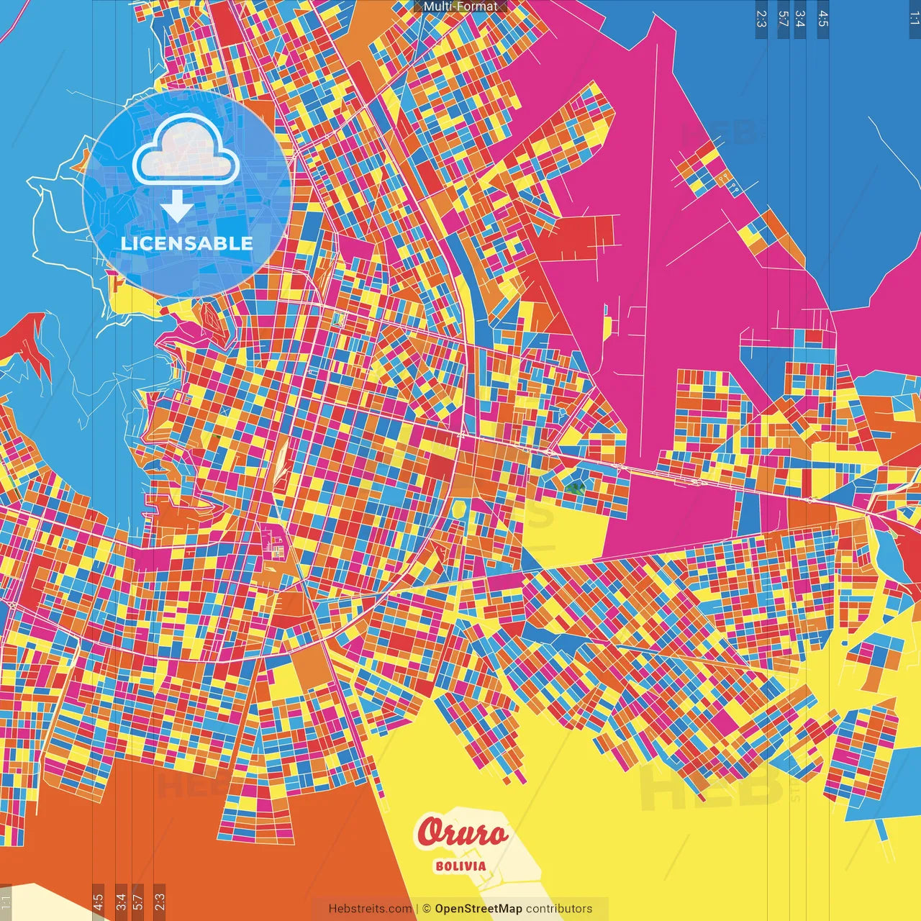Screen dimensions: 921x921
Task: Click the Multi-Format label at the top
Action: [x=460, y=6]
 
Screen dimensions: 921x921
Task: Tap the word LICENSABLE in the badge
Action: [x=186, y=243]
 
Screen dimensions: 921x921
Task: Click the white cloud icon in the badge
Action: [x=186, y=153]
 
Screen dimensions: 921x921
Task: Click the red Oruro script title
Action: [x=462, y=833]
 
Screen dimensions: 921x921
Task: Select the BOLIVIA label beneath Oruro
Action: [x=460, y=866]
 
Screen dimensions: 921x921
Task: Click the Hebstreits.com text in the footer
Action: [x=370, y=909]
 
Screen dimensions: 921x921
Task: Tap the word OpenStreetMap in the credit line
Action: [x=478, y=909]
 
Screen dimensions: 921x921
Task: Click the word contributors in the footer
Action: [x=559, y=909]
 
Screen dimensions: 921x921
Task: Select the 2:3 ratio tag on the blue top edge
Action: [x=761, y=19]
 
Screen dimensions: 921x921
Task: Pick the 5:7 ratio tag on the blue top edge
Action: [x=784, y=19]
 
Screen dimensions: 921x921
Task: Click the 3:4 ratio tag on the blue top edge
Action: [x=800, y=19]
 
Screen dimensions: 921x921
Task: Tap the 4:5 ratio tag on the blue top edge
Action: [x=823, y=19]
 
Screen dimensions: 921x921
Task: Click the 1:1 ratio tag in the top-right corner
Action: [x=914, y=17]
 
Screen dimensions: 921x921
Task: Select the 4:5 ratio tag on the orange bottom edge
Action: [x=98, y=902]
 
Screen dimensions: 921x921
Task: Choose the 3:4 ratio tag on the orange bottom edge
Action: [x=121, y=902]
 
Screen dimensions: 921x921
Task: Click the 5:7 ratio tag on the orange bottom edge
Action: [x=137, y=902]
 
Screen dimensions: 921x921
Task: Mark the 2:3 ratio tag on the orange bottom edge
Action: [x=160, y=902]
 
